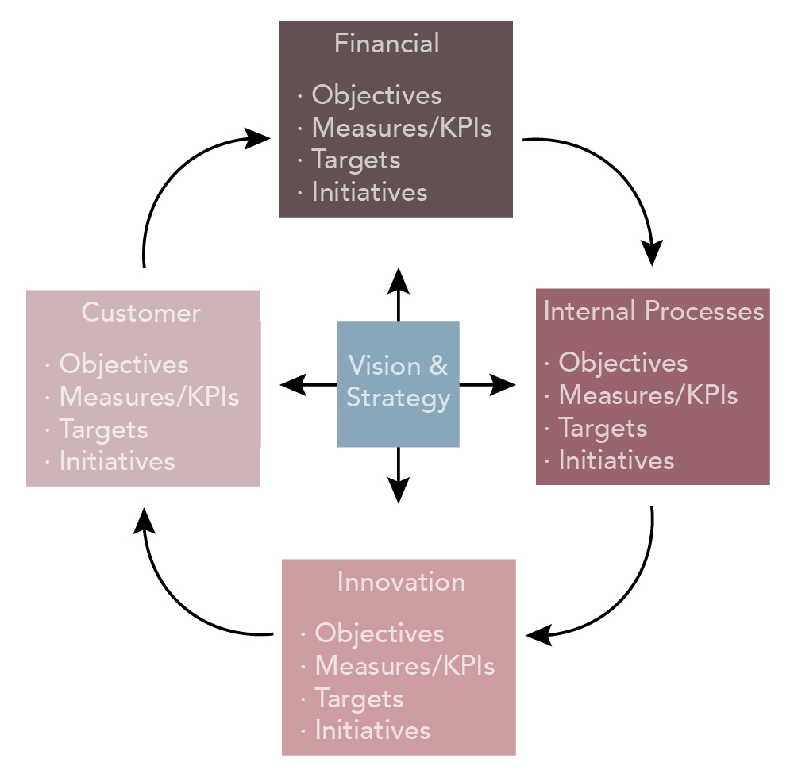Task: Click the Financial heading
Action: click(387, 43)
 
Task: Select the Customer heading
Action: click(141, 313)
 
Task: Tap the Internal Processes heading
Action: click(653, 310)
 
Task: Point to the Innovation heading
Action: click(401, 582)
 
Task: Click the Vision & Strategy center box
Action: click(399, 383)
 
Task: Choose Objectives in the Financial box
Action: click(376, 95)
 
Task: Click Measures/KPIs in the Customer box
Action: click(148, 396)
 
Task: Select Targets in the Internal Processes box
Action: click(603, 428)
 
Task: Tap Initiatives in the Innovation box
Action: click(372, 730)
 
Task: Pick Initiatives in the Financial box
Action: click(369, 192)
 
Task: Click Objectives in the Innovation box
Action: click(380, 633)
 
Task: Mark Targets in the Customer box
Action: click(103, 429)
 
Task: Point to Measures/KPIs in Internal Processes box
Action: click(648, 395)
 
